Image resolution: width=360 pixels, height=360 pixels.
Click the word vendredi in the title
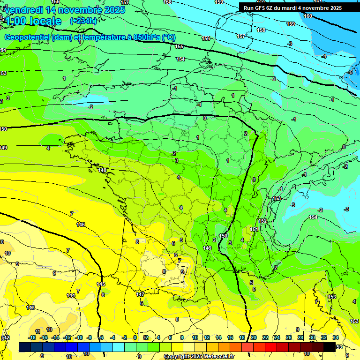(x=24, y=10)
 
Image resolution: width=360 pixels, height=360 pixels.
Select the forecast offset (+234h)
(x=83, y=21)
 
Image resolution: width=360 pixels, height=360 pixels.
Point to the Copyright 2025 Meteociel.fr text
(x=199, y=356)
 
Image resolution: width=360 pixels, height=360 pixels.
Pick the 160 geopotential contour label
(x=308, y=16)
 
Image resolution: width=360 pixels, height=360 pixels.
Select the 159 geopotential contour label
(x=291, y=24)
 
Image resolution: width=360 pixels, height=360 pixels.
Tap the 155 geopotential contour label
(x=180, y=46)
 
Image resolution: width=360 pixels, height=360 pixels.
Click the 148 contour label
(x=103, y=170)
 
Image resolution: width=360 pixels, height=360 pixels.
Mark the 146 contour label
(x=81, y=225)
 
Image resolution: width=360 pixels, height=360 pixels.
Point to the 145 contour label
(x=101, y=284)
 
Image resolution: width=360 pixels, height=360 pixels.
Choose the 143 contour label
(x=30, y=307)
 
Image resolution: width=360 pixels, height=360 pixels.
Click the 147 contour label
(x=140, y=294)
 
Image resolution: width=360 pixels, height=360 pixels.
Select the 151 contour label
(x=254, y=229)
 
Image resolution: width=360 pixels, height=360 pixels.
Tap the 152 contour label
(x=262, y=221)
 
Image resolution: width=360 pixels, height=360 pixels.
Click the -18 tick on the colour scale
(x=32, y=337)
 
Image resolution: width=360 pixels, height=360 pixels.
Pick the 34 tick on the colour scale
(x=335, y=337)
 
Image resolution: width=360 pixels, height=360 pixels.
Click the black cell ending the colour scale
(x=330, y=347)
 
